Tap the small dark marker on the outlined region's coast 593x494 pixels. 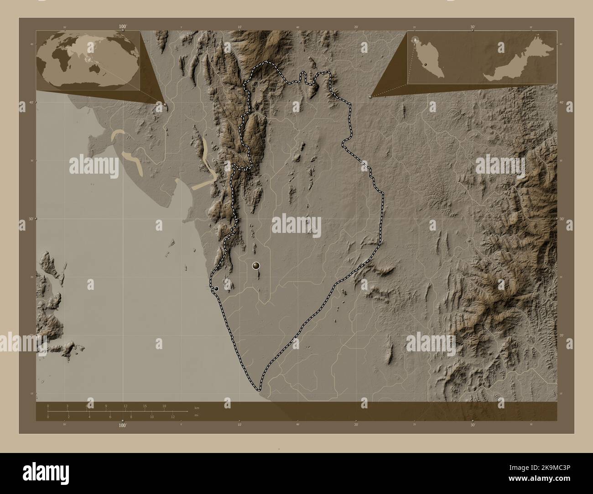[216, 288]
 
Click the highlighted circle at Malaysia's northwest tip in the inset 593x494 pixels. [415, 40]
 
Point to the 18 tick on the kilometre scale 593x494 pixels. [164, 406]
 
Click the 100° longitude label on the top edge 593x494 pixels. [122, 27]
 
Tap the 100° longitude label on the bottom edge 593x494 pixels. [122, 425]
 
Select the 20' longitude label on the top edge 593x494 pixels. [356, 27]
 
